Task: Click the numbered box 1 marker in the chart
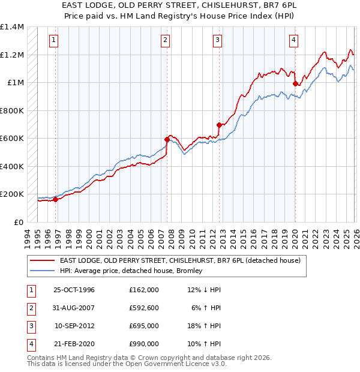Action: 53,40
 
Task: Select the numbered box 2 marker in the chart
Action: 165,40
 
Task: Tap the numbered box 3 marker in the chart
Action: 217,40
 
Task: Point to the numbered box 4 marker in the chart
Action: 293,40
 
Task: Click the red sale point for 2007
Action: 167,139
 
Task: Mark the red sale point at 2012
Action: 219,125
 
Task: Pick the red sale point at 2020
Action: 295,84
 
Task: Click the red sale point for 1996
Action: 55,200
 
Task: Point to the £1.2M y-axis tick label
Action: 12,55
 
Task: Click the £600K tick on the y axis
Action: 12,139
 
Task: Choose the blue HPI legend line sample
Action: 43,271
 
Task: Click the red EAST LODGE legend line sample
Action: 43,260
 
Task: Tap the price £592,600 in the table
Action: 143,308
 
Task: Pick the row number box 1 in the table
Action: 29,290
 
